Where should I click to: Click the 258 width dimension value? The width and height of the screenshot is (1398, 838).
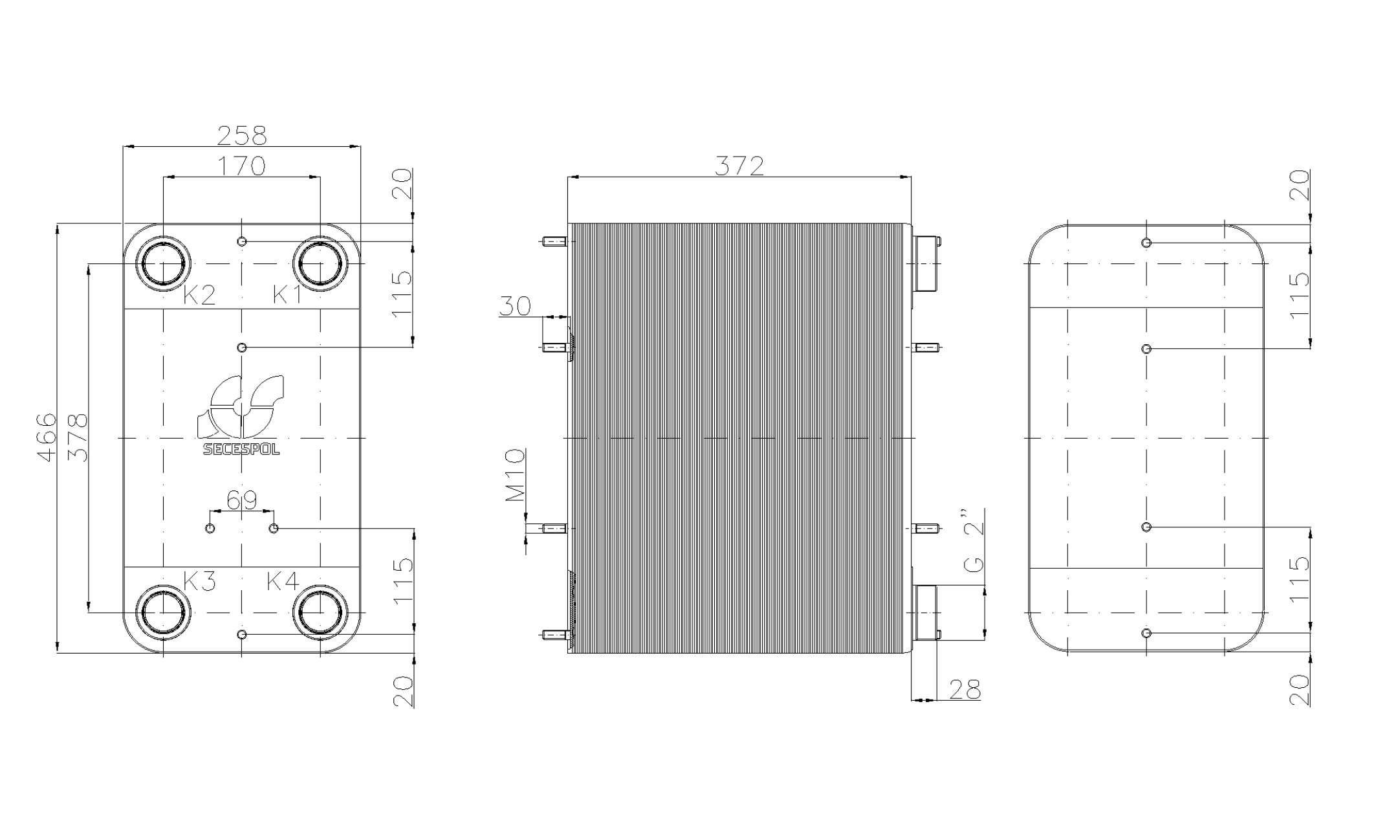[241, 135]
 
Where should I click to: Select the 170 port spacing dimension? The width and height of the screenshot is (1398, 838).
[241, 166]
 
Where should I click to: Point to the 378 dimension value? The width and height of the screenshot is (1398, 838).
[77, 438]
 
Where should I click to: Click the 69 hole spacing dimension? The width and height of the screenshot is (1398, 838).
[242, 500]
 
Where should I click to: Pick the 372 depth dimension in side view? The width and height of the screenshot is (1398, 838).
[739, 166]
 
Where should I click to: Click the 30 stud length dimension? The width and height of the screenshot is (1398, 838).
[515, 306]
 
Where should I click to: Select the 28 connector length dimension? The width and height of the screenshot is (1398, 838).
[965, 690]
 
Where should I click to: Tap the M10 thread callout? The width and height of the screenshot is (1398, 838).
[516, 476]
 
